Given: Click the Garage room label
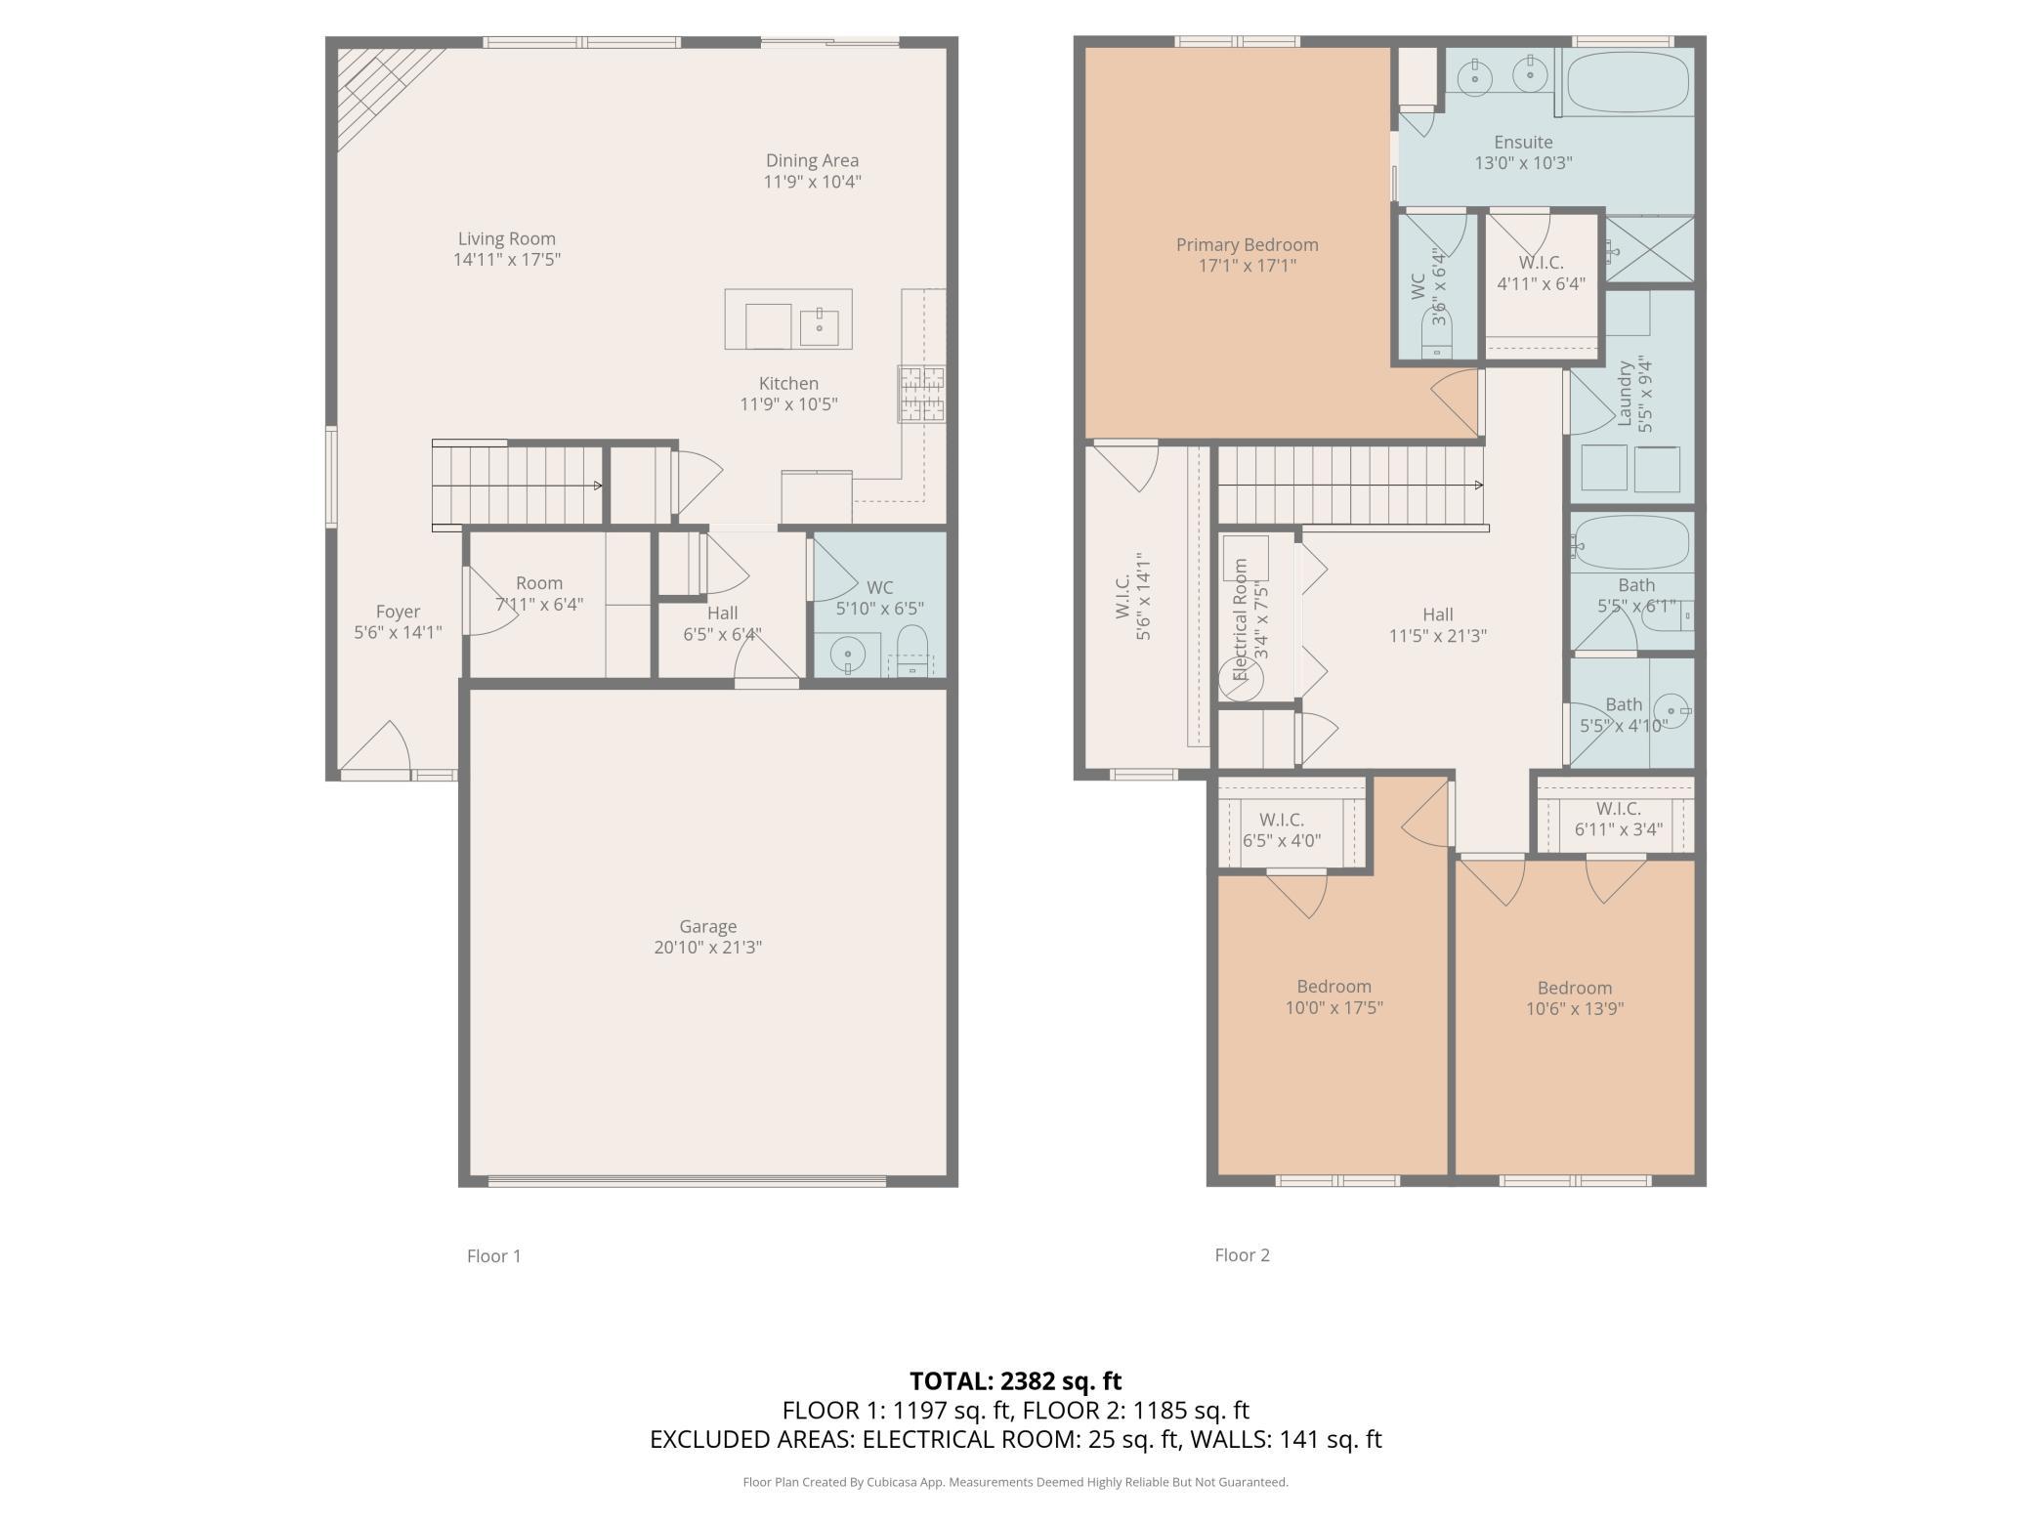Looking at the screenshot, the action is click(x=708, y=926).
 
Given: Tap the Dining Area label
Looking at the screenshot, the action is click(x=812, y=160).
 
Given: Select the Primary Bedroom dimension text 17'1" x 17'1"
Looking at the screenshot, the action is click(x=1248, y=266).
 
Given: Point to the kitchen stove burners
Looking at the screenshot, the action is click(x=921, y=394).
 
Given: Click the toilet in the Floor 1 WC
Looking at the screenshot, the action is click(x=911, y=651).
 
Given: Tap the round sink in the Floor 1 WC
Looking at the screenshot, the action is click(x=847, y=654).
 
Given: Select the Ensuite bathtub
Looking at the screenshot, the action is click(x=1627, y=82).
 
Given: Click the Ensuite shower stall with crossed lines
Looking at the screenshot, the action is click(x=1650, y=249).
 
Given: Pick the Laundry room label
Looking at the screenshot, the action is click(x=1626, y=394).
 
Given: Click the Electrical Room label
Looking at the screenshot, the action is click(x=1241, y=618).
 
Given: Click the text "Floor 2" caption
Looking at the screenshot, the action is click(x=1242, y=1255).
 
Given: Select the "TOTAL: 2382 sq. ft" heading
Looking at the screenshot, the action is click(x=1015, y=1380).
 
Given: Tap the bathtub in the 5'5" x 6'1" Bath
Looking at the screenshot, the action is click(x=1630, y=544).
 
